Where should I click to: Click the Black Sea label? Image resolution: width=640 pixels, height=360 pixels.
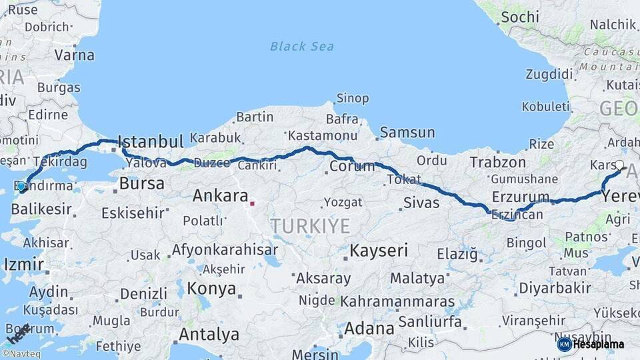[x=302, y=46]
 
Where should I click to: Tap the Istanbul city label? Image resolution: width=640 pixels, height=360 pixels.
[x=150, y=141]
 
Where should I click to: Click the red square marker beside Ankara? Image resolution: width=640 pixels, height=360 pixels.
[x=252, y=203]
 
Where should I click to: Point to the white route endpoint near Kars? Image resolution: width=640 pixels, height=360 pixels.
[x=619, y=165]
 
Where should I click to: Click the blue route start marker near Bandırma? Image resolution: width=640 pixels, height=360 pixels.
[x=21, y=187]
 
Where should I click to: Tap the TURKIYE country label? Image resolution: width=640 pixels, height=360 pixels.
[x=310, y=226]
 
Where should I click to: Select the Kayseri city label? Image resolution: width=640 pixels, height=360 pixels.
[x=379, y=251]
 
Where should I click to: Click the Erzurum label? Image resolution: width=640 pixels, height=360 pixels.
[x=521, y=197]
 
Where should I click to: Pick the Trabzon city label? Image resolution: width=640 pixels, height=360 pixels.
[x=497, y=162]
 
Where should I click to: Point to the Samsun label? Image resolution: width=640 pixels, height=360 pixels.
[x=407, y=132]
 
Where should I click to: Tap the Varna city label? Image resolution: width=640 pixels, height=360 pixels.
[x=74, y=55]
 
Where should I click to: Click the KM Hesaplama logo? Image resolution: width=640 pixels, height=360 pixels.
[x=591, y=344]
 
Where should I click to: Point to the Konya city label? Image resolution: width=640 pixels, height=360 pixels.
[x=211, y=289]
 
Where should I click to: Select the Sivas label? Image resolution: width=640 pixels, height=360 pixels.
[x=421, y=202]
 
